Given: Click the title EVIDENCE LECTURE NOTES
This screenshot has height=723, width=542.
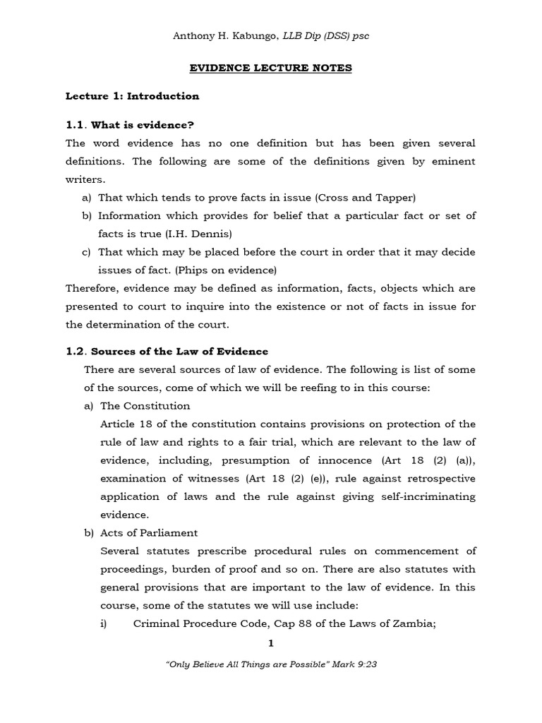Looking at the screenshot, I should tap(271, 68).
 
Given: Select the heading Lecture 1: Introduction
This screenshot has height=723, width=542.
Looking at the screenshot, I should tap(133, 96).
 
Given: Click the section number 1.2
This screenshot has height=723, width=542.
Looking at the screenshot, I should tap(75, 352).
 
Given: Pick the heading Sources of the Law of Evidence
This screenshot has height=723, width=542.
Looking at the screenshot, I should tap(180, 352).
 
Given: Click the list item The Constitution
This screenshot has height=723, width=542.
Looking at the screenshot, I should tap(145, 406).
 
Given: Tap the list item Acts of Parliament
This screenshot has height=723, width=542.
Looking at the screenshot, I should tap(149, 532).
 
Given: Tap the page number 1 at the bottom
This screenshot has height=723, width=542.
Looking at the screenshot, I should tap(271, 643).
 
